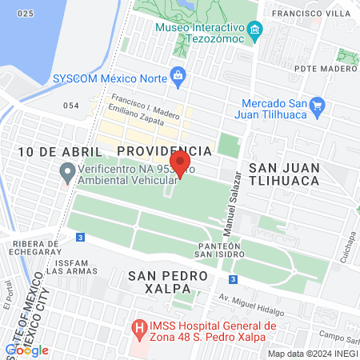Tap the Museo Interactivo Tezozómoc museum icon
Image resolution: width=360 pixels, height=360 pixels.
(x=255, y=31)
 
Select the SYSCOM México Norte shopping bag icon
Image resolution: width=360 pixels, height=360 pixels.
(x=178, y=78)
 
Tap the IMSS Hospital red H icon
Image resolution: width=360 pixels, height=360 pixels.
(x=139, y=327)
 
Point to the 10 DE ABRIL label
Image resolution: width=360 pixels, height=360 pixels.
(x=52, y=151)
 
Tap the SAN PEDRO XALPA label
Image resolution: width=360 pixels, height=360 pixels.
(x=167, y=282)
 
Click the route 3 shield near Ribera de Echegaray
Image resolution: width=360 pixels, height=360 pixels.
(x=81, y=238)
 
